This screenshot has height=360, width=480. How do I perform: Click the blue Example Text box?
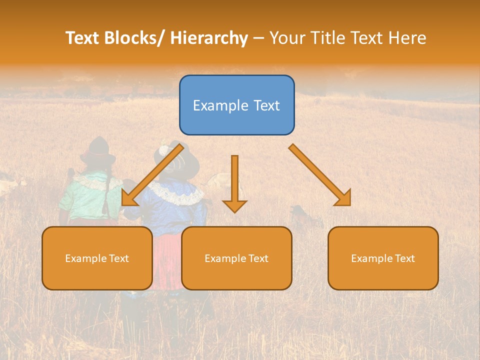(x=236, y=105)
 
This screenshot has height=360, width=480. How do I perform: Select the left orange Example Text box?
(x=97, y=258)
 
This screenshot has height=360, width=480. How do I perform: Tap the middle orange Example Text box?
(x=236, y=258)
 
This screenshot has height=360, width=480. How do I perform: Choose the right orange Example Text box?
(x=383, y=258)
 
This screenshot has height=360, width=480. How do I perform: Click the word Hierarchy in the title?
(x=209, y=38)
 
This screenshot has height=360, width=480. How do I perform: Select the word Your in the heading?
(x=287, y=38)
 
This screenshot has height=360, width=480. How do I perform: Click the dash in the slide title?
(x=258, y=38)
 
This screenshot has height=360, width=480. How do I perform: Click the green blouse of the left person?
(x=85, y=197)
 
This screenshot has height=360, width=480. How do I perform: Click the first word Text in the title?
(x=83, y=38)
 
